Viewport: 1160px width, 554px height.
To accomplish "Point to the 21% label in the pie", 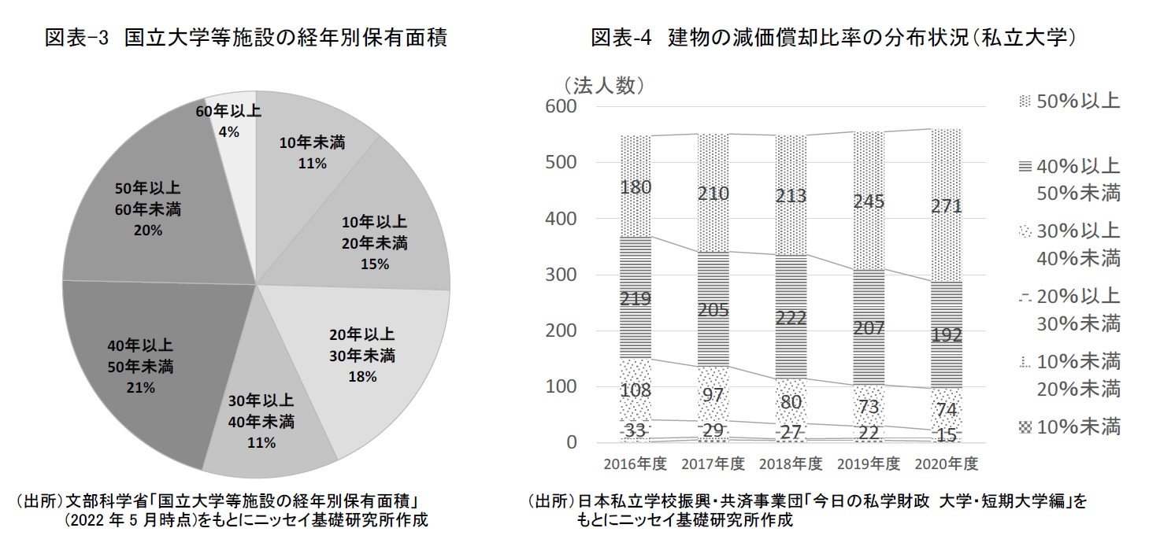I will pos(142,388).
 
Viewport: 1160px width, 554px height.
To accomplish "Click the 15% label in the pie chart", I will pos(373,264).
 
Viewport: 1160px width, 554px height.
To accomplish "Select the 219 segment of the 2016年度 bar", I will pos(635,299).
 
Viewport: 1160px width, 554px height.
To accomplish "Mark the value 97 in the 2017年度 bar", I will pos(712,395).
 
